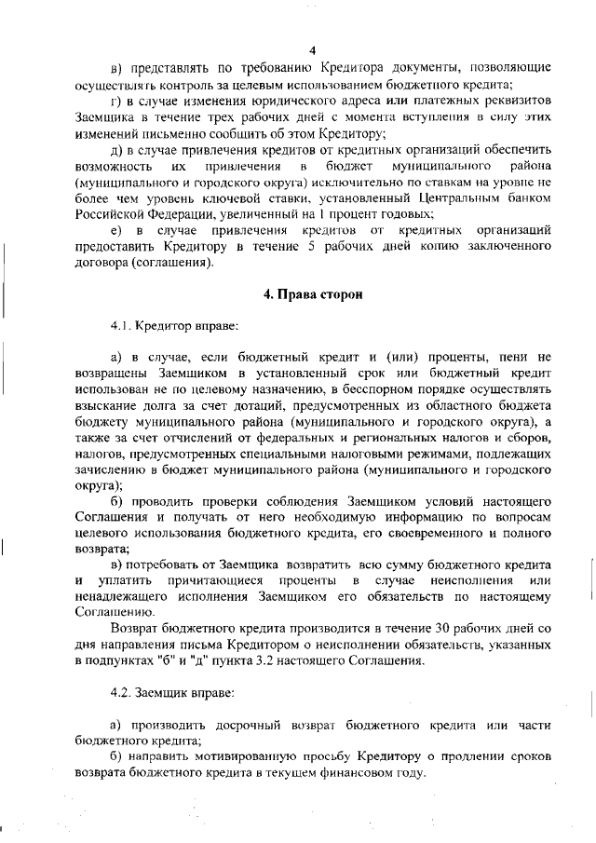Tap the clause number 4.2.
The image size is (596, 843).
122,693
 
